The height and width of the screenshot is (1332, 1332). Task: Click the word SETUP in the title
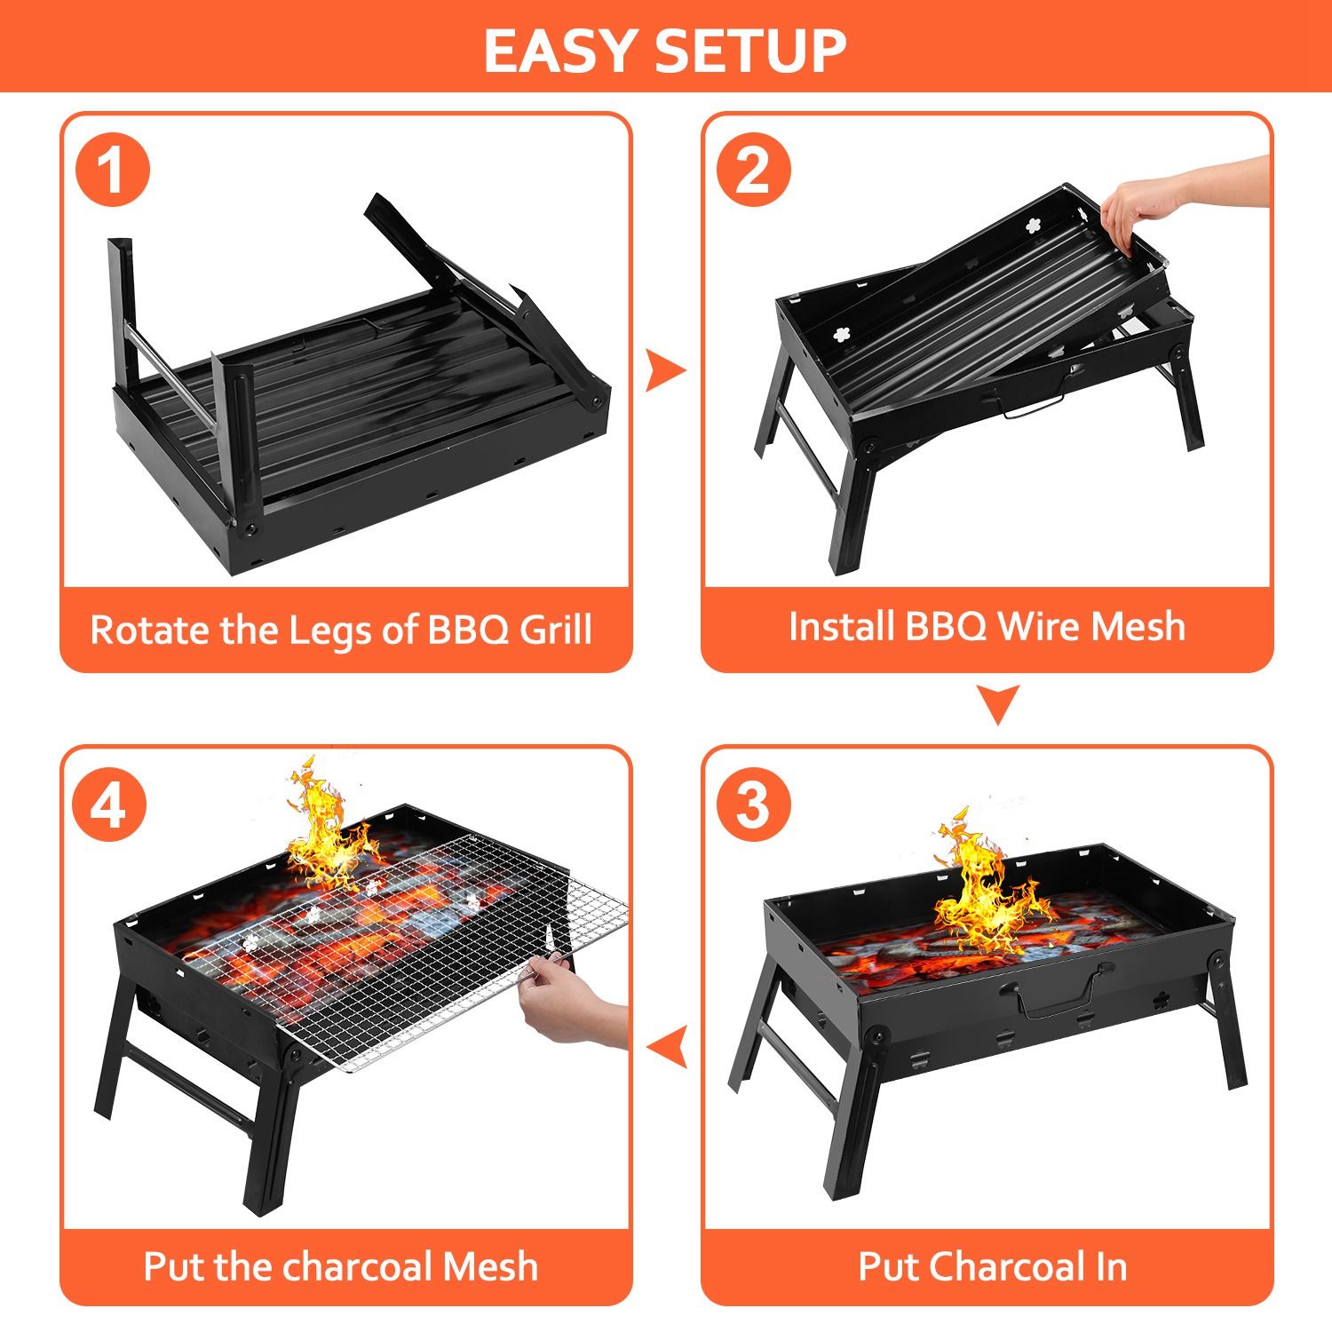click(x=750, y=51)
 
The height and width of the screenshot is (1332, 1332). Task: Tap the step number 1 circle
click(x=112, y=170)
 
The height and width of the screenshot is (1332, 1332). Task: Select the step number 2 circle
click(x=753, y=170)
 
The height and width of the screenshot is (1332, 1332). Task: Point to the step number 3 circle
click(x=753, y=805)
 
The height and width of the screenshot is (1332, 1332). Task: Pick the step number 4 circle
click(x=110, y=805)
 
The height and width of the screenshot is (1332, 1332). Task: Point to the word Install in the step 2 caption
click(x=841, y=626)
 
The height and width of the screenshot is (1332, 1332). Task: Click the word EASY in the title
click(x=562, y=51)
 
